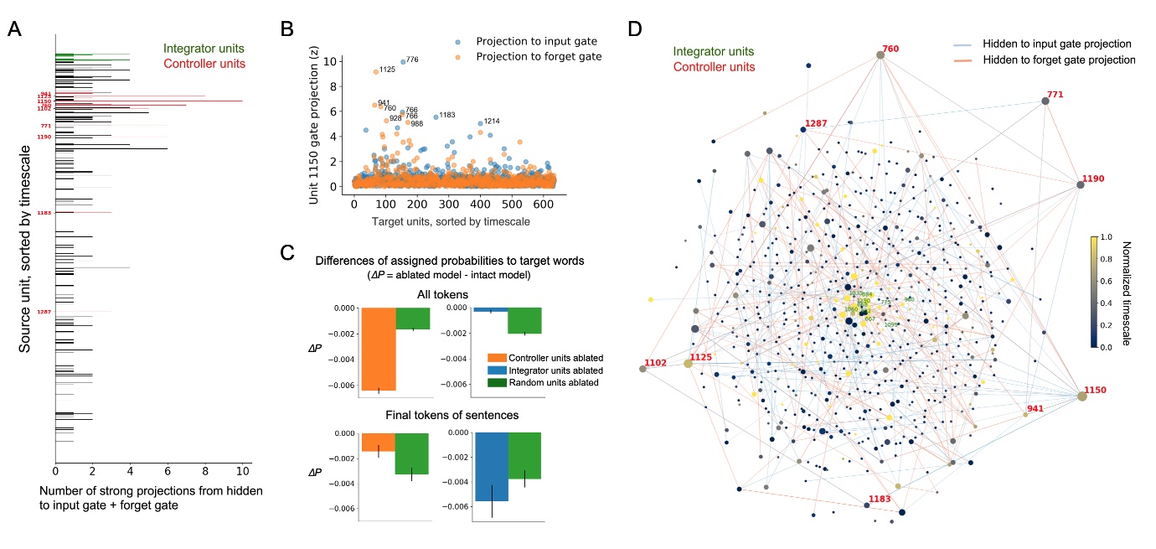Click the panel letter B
coord(286,29)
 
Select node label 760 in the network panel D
coord(890,48)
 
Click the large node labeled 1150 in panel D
coord(1081,396)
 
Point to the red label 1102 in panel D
coord(654,363)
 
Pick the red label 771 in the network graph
coord(1057,95)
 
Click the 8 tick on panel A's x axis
coord(205,472)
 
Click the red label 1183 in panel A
coord(44,213)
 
